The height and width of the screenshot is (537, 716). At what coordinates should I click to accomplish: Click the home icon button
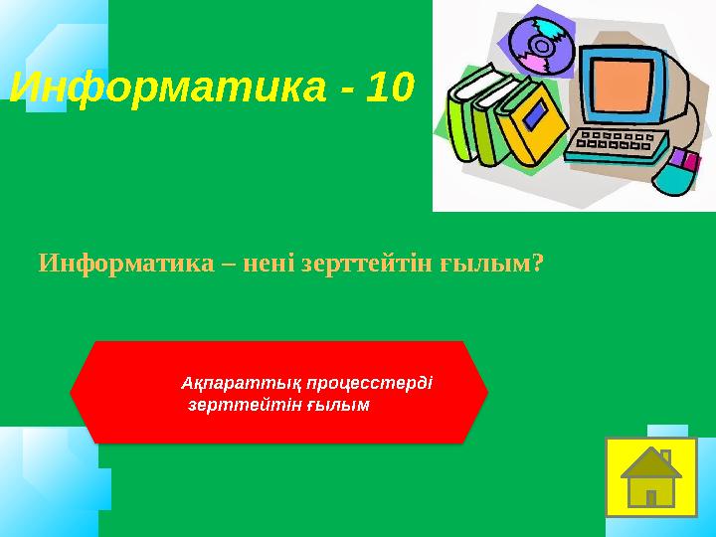pos(650,474)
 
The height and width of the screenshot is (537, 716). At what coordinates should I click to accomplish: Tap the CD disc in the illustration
pos(543,44)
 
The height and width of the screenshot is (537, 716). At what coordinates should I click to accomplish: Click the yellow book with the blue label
pos(532,124)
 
